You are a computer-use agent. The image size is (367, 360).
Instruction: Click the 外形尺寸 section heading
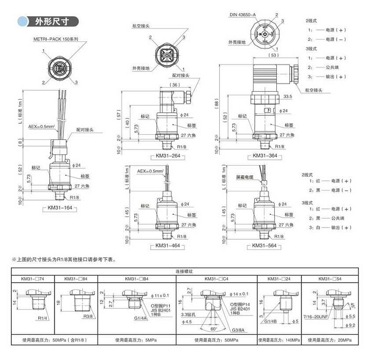(x=56, y=21)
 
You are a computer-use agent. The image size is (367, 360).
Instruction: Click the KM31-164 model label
(x=60, y=208)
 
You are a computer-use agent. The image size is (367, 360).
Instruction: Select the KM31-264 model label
(x=168, y=156)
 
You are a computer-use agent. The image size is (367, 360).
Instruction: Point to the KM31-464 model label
(x=168, y=245)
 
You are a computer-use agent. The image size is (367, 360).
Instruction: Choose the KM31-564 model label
(x=265, y=245)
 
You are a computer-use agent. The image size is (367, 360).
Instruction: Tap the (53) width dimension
(x=273, y=54)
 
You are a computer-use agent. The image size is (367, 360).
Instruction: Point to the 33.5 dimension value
(x=287, y=96)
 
